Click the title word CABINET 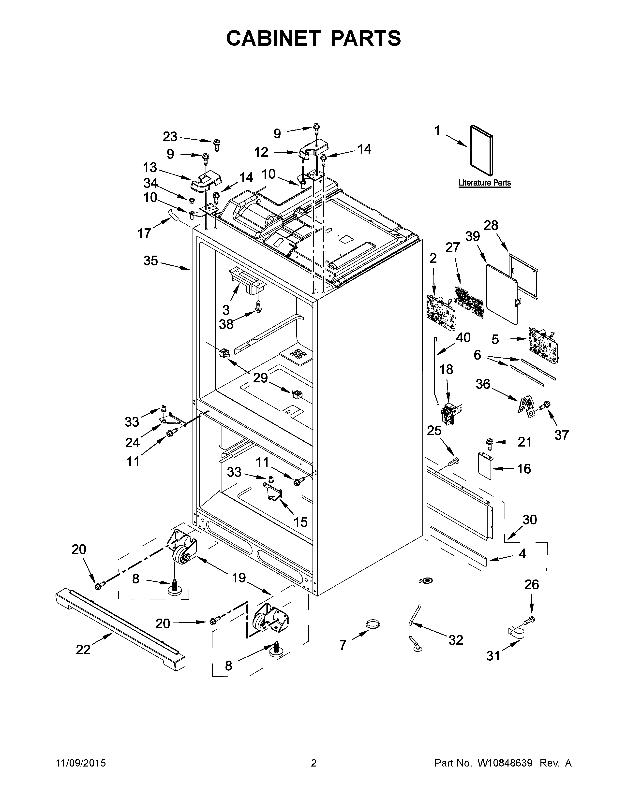coord(273,38)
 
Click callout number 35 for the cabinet coord(150,261)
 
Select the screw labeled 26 coord(530,619)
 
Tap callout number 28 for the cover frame coord(491,225)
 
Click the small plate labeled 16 coord(485,465)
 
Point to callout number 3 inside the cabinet coord(226,309)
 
